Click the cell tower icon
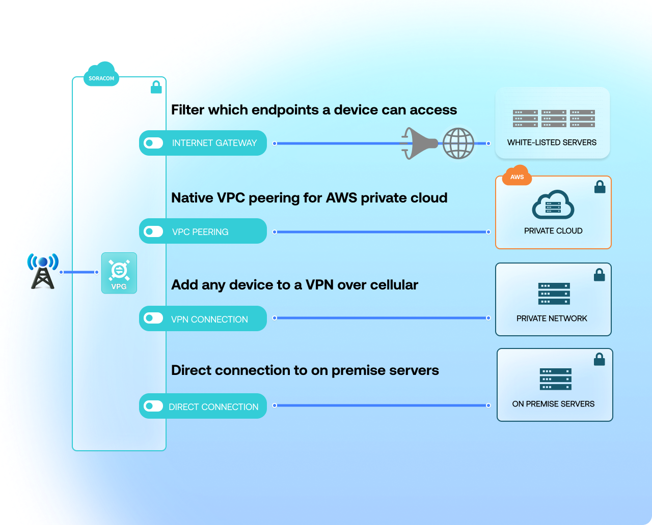[43, 272]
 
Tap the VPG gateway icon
[119, 273]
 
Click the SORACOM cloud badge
[101, 77]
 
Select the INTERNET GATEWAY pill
[203, 143]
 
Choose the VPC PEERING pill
[203, 231]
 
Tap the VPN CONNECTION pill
[203, 318]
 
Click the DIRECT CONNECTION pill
[203, 406]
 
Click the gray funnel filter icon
[419, 143]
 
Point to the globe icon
[458, 143]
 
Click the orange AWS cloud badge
[517, 176]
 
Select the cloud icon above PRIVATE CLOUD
[553, 205]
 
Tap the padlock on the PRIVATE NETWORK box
[600, 275]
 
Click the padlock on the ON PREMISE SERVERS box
[600, 359]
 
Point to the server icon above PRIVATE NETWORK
[554, 294]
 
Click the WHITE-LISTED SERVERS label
[552, 142]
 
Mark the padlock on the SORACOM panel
[156, 87]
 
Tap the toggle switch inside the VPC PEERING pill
[153, 231]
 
